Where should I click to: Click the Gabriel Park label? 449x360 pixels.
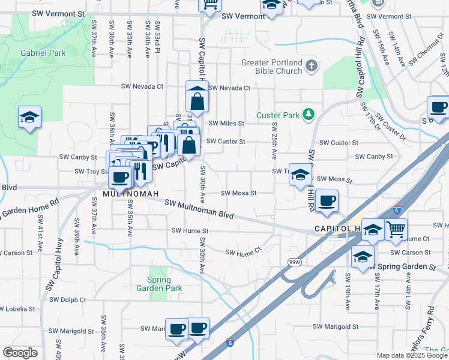pyautogui.click(x=43, y=53)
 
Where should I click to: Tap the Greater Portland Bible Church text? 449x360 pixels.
pyautogui.click(x=272, y=67)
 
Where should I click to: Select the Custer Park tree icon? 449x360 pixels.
pyautogui.click(x=309, y=114)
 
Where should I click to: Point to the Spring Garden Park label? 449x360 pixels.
pyautogui.click(x=158, y=284)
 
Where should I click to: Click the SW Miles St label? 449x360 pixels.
pyautogui.click(x=226, y=124)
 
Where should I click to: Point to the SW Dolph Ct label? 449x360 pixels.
pyautogui.click(x=68, y=299)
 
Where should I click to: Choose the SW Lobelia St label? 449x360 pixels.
pyautogui.click(x=17, y=309)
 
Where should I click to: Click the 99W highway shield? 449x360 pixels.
pyautogui.click(x=294, y=262)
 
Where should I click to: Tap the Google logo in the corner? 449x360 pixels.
pyautogui.click(x=20, y=353)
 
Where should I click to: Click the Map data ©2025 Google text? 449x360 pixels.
pyautogui.click(x=412, y=355)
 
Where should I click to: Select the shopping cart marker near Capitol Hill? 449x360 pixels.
pyautogui.click(x=396, y=230)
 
